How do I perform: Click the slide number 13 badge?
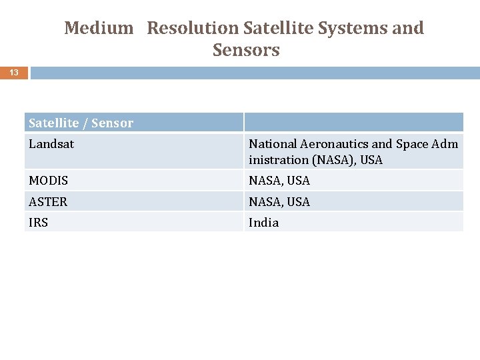tap(14, 73)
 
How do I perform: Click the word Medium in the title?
tap(99, 29)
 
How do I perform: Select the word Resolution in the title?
tap(193, 29)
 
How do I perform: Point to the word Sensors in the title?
tap(246, 51)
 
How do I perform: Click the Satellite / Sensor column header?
tap(81, 123)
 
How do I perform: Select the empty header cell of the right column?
tap(353, 122)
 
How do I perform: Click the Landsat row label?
tap(51, 144)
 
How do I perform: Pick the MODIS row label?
tap(49, 181)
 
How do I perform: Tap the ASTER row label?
tap(48, 201)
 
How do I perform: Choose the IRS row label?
tap(39, 223)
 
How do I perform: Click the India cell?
tap(264, 223)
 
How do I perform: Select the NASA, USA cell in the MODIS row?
tap(279, 181)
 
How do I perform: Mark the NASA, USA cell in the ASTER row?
tap(279, 201)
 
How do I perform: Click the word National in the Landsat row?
tap(273, 144)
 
